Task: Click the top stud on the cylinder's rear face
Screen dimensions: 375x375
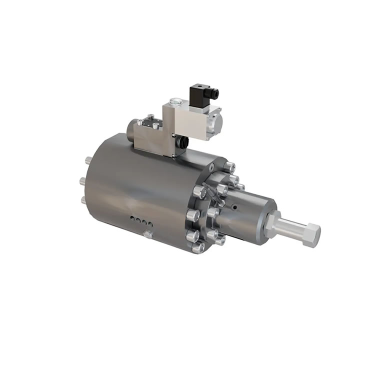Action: [x=88, y=160]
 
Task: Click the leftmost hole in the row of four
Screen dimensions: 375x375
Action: [x=131, y=218]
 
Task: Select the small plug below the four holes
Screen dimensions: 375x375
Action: [x=146, y=234]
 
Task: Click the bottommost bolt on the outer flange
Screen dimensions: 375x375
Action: [x=198, y=247]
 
